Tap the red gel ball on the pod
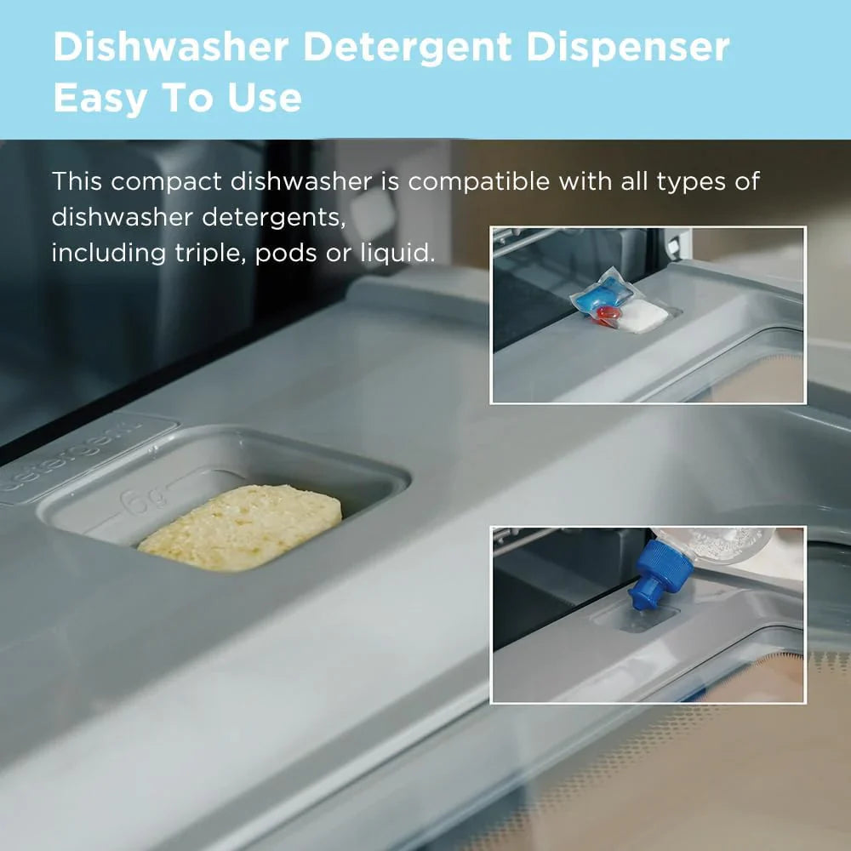[x=607, y=318]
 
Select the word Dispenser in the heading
[x=627, y=48]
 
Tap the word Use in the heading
[x=264, y=98]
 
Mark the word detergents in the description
[x=273, y=217]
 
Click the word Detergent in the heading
[x=408, y=48]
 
